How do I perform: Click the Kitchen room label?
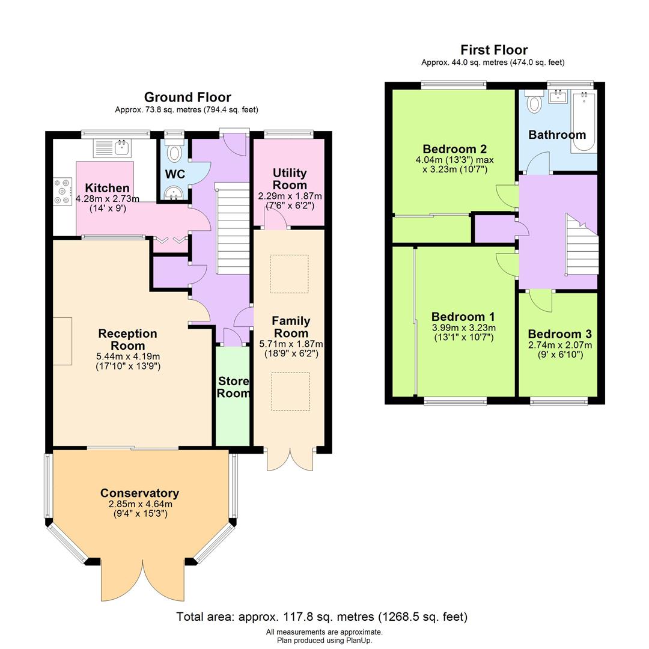[x=107, y=188]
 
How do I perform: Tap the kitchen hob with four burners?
[x=62, y=190]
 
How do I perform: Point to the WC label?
[x=175, y=174]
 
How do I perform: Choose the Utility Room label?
[x=290, y=179]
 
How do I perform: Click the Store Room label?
[x=233, y=387]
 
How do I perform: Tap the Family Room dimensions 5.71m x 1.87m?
[x=291, y=345]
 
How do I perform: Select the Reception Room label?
[x=127, y=340]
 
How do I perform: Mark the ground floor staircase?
[x=232, y=228]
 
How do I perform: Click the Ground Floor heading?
[x=187, y=97]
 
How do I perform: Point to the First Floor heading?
[x=494, y=50]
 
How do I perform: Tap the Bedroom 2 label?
[x=454, y=149]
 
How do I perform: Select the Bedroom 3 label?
[x=559, y=334]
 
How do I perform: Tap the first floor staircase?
[x=582, y=245]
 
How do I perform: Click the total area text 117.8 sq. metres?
[x=321, y=617]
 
